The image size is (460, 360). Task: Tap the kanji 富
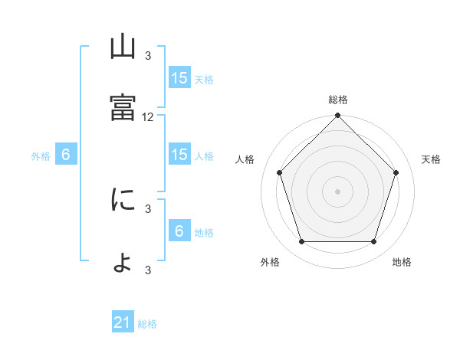pyautogui.click(x=123, y=107)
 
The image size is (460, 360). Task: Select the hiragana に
pyautogui.click(x=123, y=199)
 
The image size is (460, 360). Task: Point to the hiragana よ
pyautogui.click(x=123, y=263)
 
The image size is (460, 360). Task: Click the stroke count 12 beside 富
pyautogui.click(x=147, y=117)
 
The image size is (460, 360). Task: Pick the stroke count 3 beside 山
pyautogui.click(x=148, y=56)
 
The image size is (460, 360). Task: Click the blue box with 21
pyautogui.click(x=123, y=321)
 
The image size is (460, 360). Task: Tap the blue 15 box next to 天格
pyautogui.click(x=180, y=77)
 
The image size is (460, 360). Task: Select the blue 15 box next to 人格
pyautogui.click(x=180, y=154)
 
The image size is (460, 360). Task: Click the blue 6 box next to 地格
pyautogui.click(x=180, y=230)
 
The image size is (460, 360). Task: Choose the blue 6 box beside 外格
pyautogui.click(x=66, y=154)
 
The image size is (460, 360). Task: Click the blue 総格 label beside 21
pyautogui.click(x=147, y=324)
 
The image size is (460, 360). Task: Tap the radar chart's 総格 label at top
pyautogui.click(x=338, y=100)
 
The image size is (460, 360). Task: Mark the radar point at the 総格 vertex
pyautogui.click(x=337, y=115)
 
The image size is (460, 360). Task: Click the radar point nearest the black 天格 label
pyautogui.click(x=396, y=172)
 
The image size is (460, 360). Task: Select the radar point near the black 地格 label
pyautogui.click(x=373, y=241)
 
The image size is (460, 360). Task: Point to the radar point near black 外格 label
pyautogui.click(x=302, y=241)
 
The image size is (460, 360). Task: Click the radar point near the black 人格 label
pyautogui.click(x=280, y=172)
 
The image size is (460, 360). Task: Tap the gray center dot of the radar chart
pyautogui.click(x=337, y=191)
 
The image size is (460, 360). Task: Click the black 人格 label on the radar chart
pyautogui.click(x=245, y=159)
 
